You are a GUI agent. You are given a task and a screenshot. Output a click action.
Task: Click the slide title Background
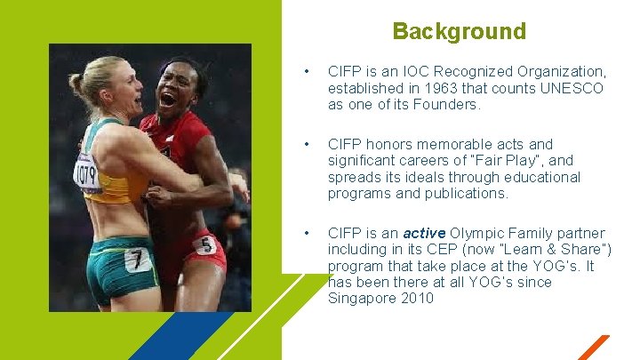click(x=459, y=32)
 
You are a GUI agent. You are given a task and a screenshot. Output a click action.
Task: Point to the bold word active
click(x=423, y=234)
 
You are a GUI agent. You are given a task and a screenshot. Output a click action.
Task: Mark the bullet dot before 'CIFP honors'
click(x=305, y=144)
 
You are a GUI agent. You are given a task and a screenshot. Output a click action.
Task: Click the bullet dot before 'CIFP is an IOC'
click(x=305, y=71)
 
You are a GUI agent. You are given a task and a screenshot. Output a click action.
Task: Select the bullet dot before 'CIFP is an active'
click(x=305, y=234)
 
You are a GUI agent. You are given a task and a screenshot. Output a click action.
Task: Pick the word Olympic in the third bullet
click(x=480, y=234)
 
